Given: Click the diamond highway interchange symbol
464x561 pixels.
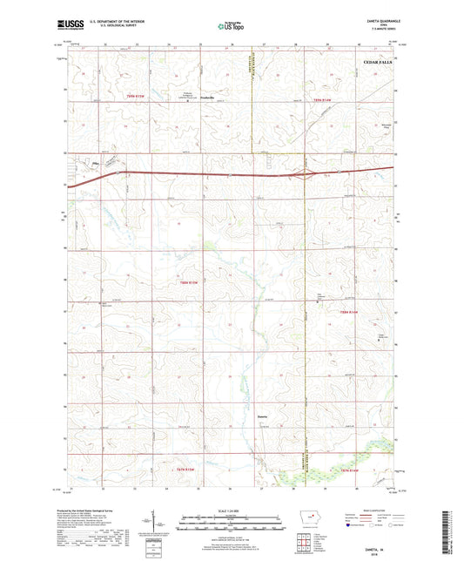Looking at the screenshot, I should coord(304,174).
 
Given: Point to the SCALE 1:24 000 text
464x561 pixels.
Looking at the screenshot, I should coord(232,510).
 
